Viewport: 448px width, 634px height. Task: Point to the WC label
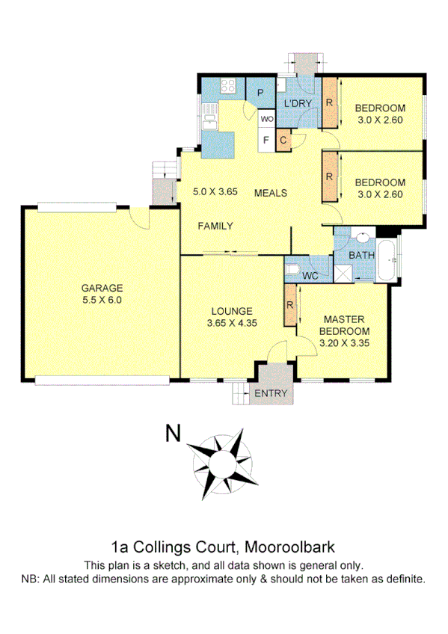[x=310, y=276]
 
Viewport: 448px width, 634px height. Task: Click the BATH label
[x=363, y=256]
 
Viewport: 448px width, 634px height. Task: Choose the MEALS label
[x=271, y=193]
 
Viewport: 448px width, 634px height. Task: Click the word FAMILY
[x=215, y=226]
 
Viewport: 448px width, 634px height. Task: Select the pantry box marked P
[x=260, y=93]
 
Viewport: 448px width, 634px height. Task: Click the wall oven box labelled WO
[x=267, y=118]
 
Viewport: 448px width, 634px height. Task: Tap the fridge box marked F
[x=266, y=138]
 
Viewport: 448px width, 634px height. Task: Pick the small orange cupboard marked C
[x=283, y=139]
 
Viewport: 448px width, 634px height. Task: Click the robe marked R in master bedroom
[x=289, y=306]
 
